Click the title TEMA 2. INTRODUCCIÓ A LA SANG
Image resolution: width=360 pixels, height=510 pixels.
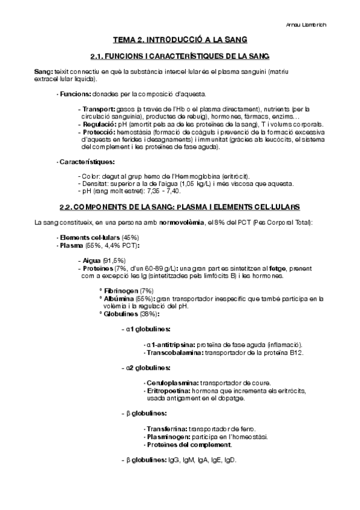coord(180,41)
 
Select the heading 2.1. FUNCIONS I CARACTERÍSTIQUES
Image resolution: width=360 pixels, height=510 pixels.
coord(180,57)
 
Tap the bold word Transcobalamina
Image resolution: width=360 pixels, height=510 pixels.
coord(175,352)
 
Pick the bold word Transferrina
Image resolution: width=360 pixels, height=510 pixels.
coord(167,429)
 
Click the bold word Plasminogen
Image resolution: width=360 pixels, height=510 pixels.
coord(169,437)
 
